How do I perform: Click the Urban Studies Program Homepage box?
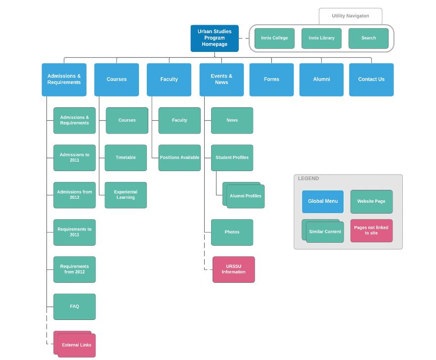pyautogui.click(x=215, y=38)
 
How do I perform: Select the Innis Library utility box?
pyautogui.click(x=321, y=38)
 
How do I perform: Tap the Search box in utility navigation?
pyautogui.click(x=368, y=38)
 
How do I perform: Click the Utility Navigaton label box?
pyautogui.click(x=350, y=16)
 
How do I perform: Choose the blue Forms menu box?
pyautogui.click(x=271, y=79)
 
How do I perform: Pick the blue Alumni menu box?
pyautogui.click(x=321, y=79)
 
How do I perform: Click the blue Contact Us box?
pyautogui.click(x=371, y=79)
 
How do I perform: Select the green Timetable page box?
pyautogui.click(x=126, y=158)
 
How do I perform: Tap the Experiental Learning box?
pyautogui.click(x=126, y=195)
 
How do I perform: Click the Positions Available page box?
pyautogui.click(x=179, y=158)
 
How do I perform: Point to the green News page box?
pyautogui.click(x=232, y=120)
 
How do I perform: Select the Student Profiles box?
pyautogui.click(x=232, y=158)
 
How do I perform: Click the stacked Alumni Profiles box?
pyautogui.click(x=245, y=196)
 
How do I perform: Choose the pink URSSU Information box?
pyautogui.click(x=233, y=270)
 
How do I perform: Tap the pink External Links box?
pyautogui.click(x=76, y=345)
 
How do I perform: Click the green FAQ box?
pyautogui.click(x=74, y=307)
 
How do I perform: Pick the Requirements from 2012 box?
pyautogui.click(x=74, y=270)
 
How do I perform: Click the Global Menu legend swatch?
pyautogui.click(x=322, y=201)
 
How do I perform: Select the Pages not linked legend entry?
pyautogui.click(x=371, y=230)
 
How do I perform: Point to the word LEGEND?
pyautogui.click(x=308, y=179)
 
